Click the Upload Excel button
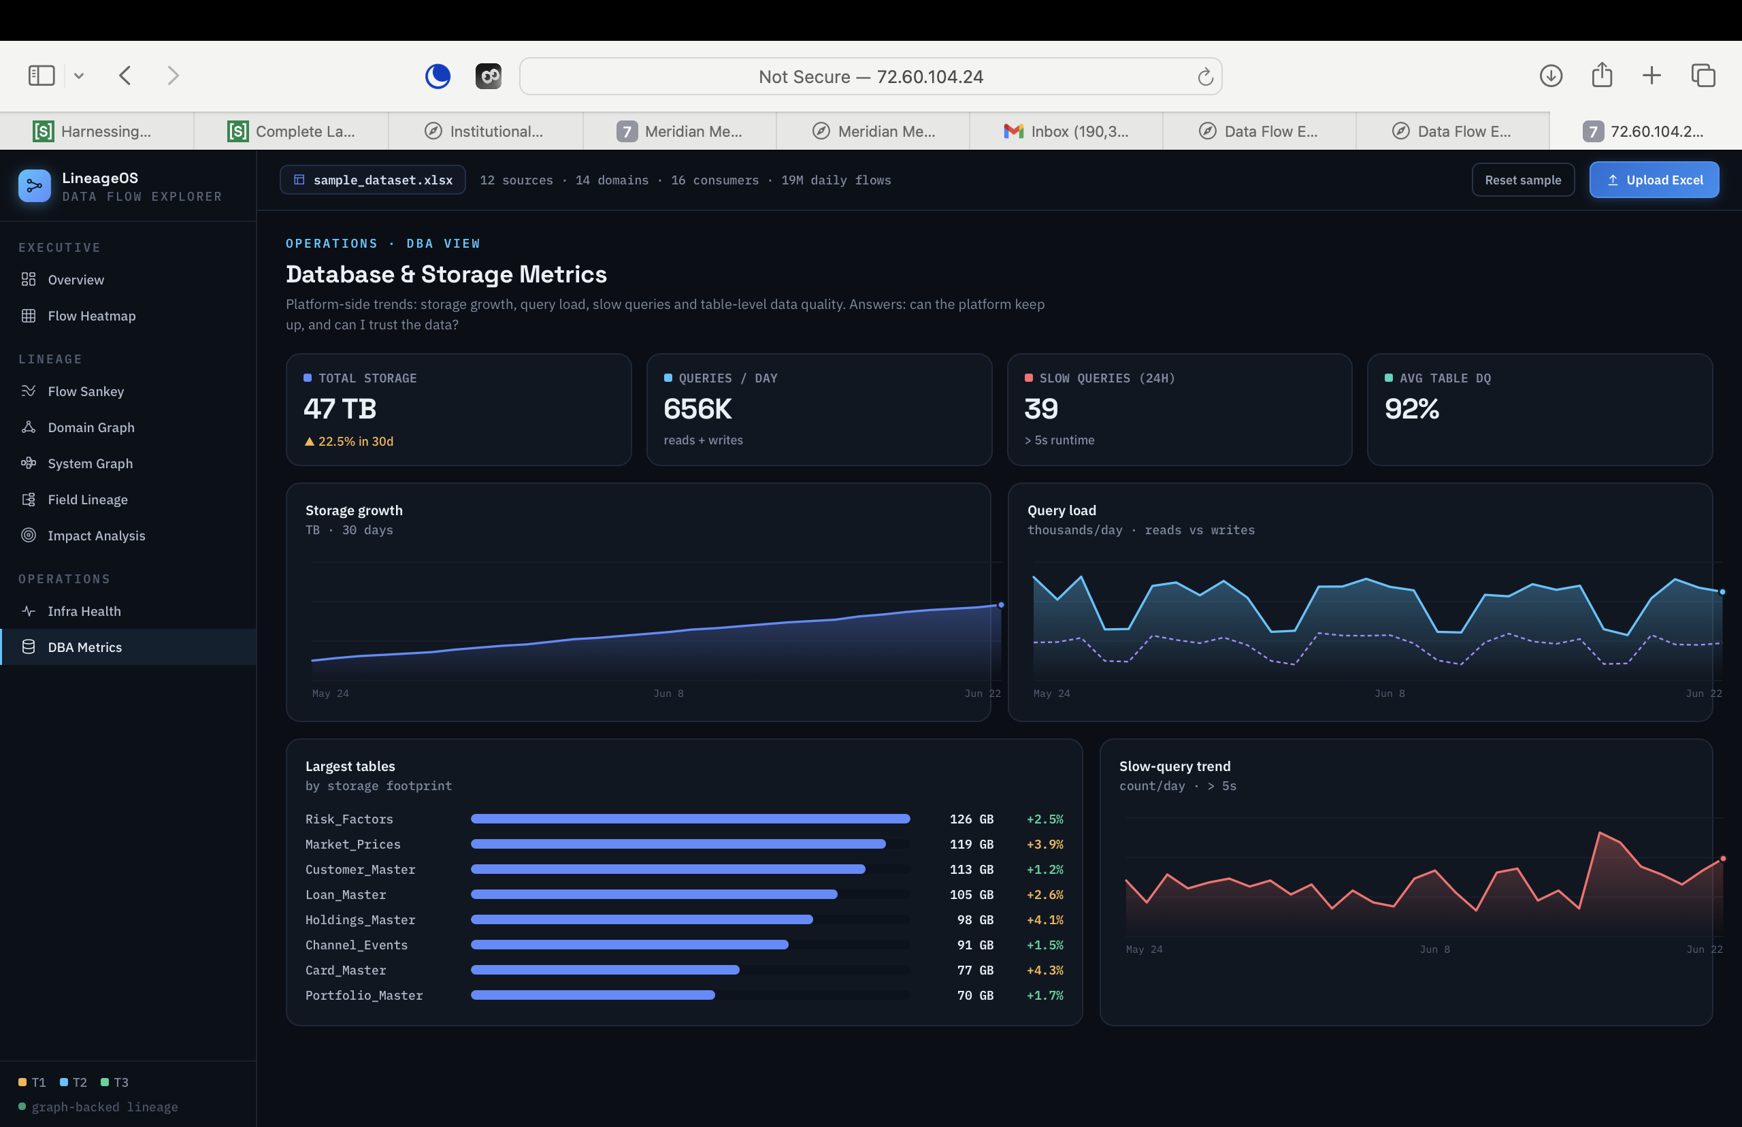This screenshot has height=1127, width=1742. click(x=1654, y=180)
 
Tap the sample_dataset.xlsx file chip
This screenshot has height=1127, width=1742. click(x=372, y=180)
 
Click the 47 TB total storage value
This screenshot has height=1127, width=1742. click(x=340, y=408)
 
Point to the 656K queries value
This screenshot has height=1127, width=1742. click(x=697, y=408)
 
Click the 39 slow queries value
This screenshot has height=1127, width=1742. click(x=1041, y=408)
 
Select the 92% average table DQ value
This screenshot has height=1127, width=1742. click(x=1411, y=408)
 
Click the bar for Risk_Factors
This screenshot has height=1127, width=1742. click(x=691, y=819)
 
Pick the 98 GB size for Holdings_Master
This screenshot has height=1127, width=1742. click(x=975, y=920)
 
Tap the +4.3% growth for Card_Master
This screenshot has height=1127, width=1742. click(x=1045, y=970)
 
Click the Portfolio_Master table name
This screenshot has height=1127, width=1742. click(x=363, y=995)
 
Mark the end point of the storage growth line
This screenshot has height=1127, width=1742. click(x=1001, y=605)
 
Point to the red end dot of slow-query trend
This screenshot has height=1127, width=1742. click(x=1723, y=858)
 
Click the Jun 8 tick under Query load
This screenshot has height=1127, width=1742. click(x=1390, y=693)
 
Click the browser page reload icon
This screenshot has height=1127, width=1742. click(x=1205, y=76)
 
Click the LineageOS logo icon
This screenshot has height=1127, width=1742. click(x=35, y=186)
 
